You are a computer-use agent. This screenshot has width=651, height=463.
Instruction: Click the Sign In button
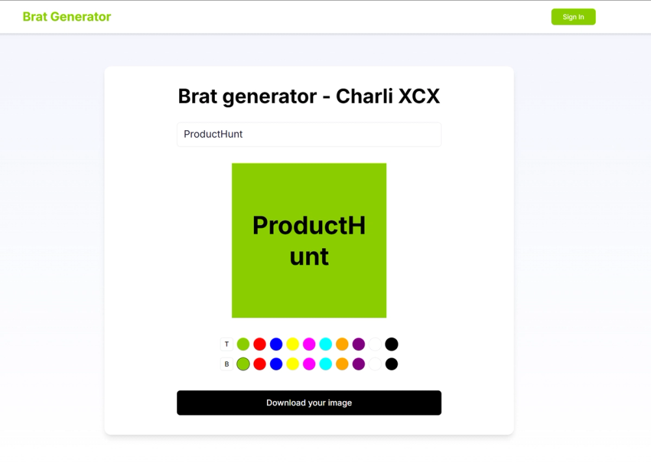tap(573, 17)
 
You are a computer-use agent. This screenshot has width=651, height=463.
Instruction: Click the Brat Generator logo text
tap(67, 17)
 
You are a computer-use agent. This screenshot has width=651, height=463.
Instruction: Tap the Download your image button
tap(309, 402)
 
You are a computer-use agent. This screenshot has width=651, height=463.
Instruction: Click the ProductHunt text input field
tap(309, 134)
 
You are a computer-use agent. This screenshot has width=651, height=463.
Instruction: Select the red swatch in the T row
tap(260, 344)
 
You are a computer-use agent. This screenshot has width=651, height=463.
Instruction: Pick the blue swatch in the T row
tap(276, 344)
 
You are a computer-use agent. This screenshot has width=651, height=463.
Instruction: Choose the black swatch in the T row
tap(391, 344)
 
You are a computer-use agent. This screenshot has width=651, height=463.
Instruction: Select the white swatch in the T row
tap(375, 344)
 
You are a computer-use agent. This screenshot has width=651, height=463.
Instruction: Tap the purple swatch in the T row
tap(359, 344)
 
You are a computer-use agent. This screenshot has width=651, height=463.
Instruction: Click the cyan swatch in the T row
tap(325, 344)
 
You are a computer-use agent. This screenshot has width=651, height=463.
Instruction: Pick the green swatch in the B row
tap(243, 364)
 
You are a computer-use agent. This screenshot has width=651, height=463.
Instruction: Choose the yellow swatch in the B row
tap(293, 364)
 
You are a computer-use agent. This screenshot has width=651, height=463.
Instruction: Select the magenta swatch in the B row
tap(309, 364)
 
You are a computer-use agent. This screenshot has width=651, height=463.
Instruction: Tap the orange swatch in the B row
tap(342, 364)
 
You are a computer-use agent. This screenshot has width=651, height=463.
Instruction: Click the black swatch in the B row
tap(391, 364)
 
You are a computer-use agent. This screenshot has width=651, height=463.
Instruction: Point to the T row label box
tap(227, 344)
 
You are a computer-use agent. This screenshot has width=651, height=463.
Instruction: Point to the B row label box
tap(227, 364)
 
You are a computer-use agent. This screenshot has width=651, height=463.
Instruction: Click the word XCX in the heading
tap(419, 96)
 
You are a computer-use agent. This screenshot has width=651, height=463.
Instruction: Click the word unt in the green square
tap(309, 257)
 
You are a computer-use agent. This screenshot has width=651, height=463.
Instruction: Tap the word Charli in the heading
tap(364, 96)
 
